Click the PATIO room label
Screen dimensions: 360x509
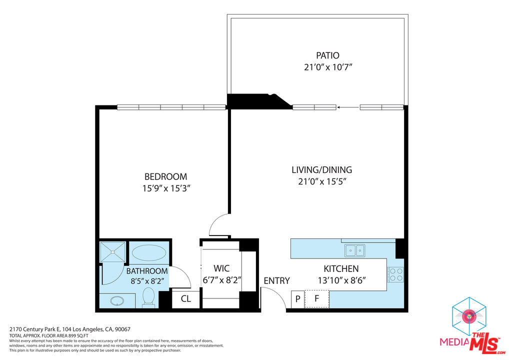[327, 55]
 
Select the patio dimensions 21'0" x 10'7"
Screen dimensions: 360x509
[331, 67]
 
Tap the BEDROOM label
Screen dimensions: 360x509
[165, 176]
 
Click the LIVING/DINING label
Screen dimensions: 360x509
[321, 170]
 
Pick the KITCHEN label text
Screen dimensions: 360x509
[341, 269]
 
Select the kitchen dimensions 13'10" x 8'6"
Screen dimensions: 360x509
[342, 280]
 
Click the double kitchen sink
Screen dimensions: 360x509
[354, 249]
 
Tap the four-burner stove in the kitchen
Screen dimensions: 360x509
[395, 274]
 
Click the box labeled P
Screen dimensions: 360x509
[297, 299]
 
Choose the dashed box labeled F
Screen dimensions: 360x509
[317, 299]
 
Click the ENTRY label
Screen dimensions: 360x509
[276, 280]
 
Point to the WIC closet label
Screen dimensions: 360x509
[221, 268]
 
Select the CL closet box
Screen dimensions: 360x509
[185, 299]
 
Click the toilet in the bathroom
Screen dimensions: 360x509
[148, 297]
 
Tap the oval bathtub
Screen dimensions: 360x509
[149, 253]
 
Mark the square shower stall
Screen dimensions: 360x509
[112, 251]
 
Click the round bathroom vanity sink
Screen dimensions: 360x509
[117, 301]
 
